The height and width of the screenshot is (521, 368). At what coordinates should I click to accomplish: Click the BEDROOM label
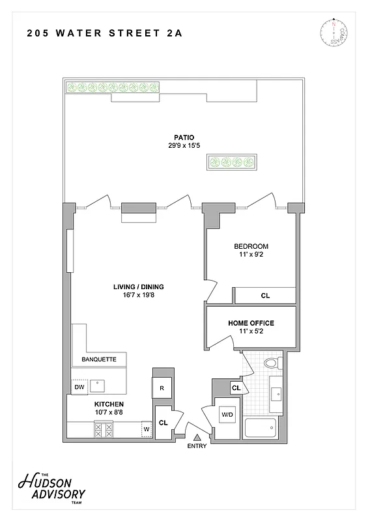pyautogui.click(x=251, y=247)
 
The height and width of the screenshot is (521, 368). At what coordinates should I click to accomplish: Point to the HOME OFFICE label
pyautogui.click(x=251, y=323)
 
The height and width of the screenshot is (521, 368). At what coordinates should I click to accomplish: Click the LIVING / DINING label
pyautogui.click(x=139, y=287)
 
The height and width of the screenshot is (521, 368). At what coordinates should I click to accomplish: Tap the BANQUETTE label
pyautogui.click(x=99, y=359)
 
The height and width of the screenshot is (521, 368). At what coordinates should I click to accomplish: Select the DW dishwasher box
pyautogui.click(x=79, y=387)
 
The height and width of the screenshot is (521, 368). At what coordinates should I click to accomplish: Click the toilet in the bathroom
pyautogui.click(x=271, y=363)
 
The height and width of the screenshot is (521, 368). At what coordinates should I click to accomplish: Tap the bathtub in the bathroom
pyautogui.click(x=261, y=428)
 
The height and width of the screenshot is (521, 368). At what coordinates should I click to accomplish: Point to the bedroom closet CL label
pyautogui.click(x=265, y=296)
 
